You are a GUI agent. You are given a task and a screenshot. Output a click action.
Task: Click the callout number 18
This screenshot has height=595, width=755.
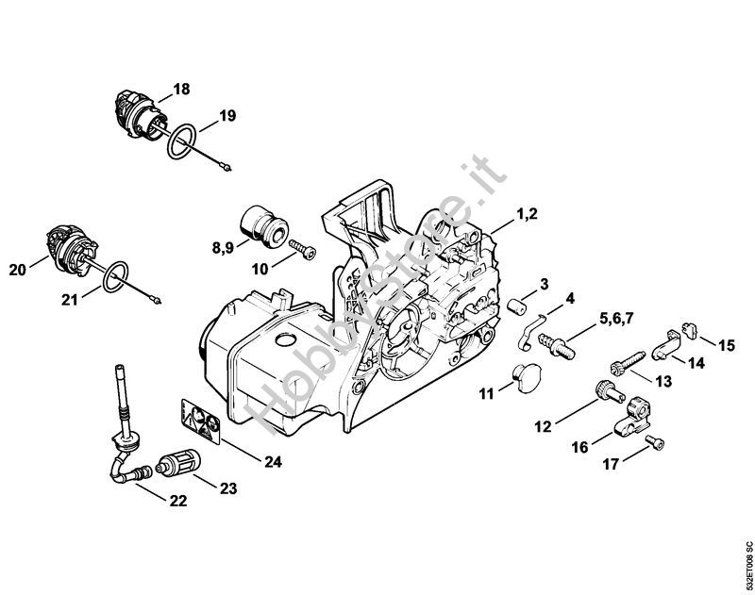[x=180, y=90]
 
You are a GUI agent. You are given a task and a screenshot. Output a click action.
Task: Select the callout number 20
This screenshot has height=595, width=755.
[x=18, y=271]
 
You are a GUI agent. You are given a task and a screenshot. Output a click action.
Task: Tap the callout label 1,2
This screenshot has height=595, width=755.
[x=526, y=216]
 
